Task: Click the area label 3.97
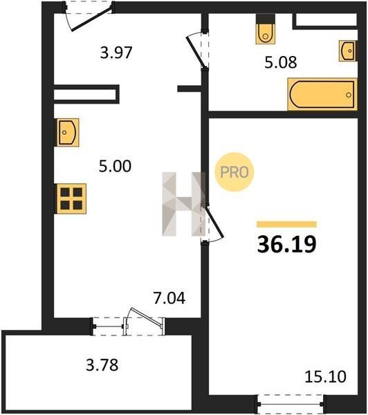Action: pos(116,53)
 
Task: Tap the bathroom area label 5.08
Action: pos(281,62)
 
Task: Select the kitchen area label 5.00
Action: pos(115,167)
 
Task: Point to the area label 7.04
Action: pos(169,297)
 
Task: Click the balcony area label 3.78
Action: pos(102,365)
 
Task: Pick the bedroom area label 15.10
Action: pos(325,377)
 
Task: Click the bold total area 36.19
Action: pos(287,244)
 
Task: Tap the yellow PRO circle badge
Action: pos(234,172)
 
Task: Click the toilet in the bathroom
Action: pos(266,29)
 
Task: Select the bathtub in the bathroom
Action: pos(322,94)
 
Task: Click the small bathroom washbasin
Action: pos(348,50)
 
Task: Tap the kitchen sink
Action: pos(68,132)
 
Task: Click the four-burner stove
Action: pos(71,199)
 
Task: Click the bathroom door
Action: pos(197,50)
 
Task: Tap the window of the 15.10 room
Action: pos(291,404)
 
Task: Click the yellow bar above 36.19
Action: pos(287,224)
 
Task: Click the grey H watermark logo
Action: pos(183,204)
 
